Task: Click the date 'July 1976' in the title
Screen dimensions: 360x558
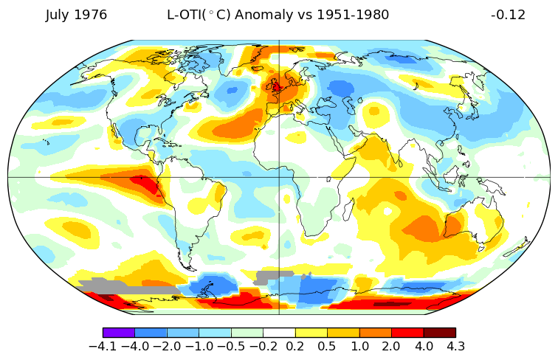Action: click(76, 15)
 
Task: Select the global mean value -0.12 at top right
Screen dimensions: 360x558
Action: click(508, 15)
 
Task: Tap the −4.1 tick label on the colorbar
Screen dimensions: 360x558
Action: click(103, 346)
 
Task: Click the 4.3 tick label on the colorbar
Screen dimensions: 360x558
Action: click(455, 346)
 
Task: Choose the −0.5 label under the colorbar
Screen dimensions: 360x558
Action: click(231, 346)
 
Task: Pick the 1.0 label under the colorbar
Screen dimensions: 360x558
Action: click(359, 346)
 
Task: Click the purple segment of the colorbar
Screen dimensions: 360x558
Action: click(119, 333)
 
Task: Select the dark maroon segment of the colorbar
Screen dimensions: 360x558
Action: click(439, 333)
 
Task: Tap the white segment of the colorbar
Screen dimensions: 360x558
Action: click(279, 333)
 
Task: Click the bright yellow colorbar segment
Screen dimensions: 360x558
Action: click(311, 333)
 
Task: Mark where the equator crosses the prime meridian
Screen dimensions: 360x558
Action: click(279, 178)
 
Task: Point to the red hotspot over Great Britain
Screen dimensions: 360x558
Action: click(276, 89)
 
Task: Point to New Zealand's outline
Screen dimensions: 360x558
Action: click(517, 247)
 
